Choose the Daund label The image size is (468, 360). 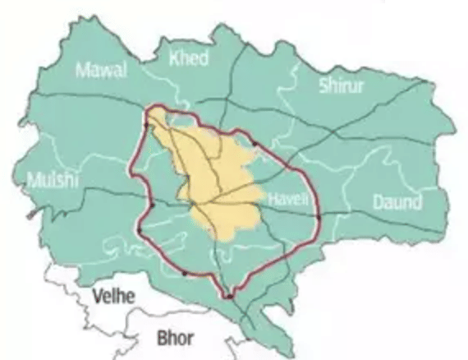tap(397, 202)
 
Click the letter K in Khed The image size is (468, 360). tap(174, 58)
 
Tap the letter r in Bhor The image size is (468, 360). tap(192, 337)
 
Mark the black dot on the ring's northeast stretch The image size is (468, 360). tap(254, 145)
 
